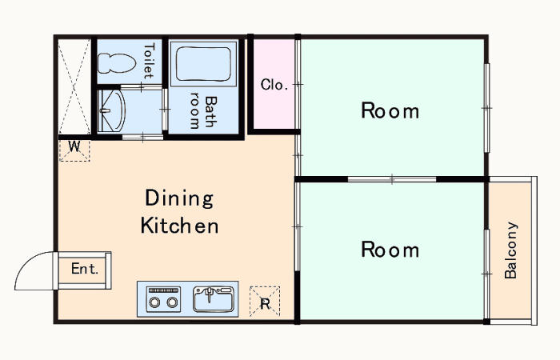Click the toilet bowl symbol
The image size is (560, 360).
pyautogui.click(x=117, y=63)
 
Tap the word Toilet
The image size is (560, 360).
pyautogui.click(x=149, y=61)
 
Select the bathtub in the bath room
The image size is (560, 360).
pyautogui.click(x=203, y=64)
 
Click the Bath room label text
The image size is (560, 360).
pyautogui.click(x=203, y=111)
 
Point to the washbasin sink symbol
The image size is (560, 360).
pyautogui.click(x=111, y=110)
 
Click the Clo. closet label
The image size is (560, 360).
pyautogui.click(x=274, y=85)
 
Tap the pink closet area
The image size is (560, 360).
pyautogui.click(x=274, y=84)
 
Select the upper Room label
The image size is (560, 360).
pyautogui.click(x=390, y=110)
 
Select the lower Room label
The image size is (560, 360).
pyautogui.click(x=390, y=250)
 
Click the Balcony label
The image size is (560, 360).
pyautogui.click(x=510, y=250)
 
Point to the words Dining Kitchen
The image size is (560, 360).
pyautogui.click(x=179, y=211)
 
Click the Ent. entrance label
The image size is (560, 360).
pyautogui.click(x=85, y=269)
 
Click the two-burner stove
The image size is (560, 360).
pyautogui.click(x=163, y=299)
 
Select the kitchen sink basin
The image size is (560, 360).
pyautogui.click(x=214, y=299)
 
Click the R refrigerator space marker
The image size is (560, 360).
pyautogui.click(x=265, y=304)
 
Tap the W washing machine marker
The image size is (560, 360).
pyautogui.click(x=74, y=146)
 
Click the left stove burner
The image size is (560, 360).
pyautogui.click(x=154, y=303)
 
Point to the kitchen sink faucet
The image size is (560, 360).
pyautogui.click(x=210, y=294)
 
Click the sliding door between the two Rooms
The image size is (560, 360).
pyautogui.click(x=392, y=179)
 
